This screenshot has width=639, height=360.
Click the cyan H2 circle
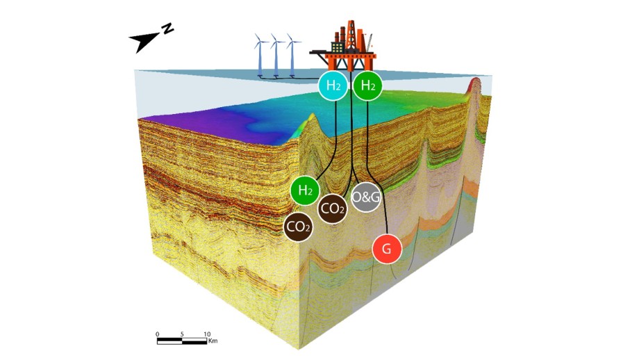coord(333,85)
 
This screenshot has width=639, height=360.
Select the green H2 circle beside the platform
coord(367,85)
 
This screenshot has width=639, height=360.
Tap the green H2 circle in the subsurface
coord(305,190)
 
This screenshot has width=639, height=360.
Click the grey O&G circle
coord(366,197)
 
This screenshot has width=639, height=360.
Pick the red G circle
coord(387,249)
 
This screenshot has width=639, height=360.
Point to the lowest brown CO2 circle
coord(298,227)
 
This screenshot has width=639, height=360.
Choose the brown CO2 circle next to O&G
coord(333,208)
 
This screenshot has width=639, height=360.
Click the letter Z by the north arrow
coord(167,29)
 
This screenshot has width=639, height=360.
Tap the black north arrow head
coord(142,42)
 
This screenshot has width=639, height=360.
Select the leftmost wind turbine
coord(260,55)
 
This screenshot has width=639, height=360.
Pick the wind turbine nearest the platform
coord(292,55)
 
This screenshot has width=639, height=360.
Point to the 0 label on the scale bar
coord(158,334)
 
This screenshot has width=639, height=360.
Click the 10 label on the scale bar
coord(207,334)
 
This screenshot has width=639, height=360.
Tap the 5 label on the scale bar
coord(182,334)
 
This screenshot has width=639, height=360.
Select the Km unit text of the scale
coord(213,341)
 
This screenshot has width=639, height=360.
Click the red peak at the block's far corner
coord(475,83)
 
